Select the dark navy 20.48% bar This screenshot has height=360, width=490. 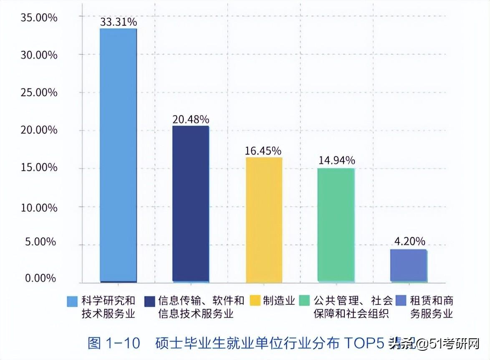point(191,204)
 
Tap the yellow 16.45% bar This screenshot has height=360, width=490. point(264,220)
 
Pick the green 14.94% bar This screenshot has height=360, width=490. point(336,225)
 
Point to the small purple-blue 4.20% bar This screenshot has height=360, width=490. point(408,266)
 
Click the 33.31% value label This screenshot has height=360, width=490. point(119,22)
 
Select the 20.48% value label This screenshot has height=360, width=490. point(191,119)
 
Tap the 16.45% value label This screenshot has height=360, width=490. point(263,151)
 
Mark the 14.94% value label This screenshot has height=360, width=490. point(336,161)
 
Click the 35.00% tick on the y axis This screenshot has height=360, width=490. point(39,18)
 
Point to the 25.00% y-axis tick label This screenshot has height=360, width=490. point(39,93)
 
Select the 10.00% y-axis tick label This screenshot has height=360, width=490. point(39,208)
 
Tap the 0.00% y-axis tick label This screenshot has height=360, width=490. point(40,279)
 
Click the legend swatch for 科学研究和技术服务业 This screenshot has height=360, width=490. point(73,301)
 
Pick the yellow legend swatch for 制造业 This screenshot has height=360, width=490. point(255,301)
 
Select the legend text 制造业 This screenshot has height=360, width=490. point(279,301)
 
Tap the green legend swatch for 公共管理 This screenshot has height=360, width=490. point(306,301)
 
